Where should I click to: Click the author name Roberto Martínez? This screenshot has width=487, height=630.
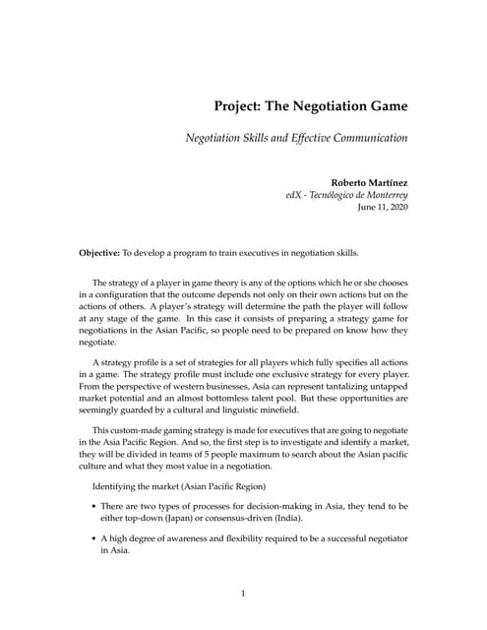[366, 182]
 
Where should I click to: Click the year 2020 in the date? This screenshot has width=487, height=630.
[396, 209]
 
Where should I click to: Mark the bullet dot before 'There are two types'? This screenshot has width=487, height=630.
[92, 506]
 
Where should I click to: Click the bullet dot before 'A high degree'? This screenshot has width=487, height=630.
[92, 538]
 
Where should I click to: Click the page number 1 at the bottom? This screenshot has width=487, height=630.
[243, 595]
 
